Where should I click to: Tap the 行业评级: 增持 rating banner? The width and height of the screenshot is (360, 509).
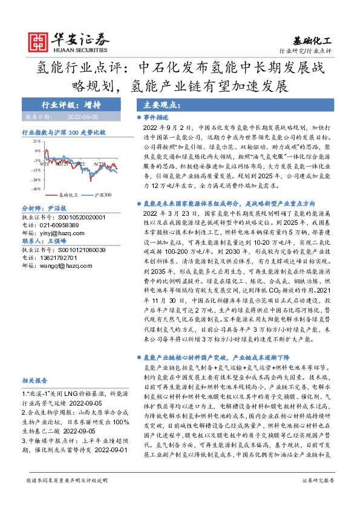click(67, 103)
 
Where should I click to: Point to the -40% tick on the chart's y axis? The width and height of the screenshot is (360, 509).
click(35, 189)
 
